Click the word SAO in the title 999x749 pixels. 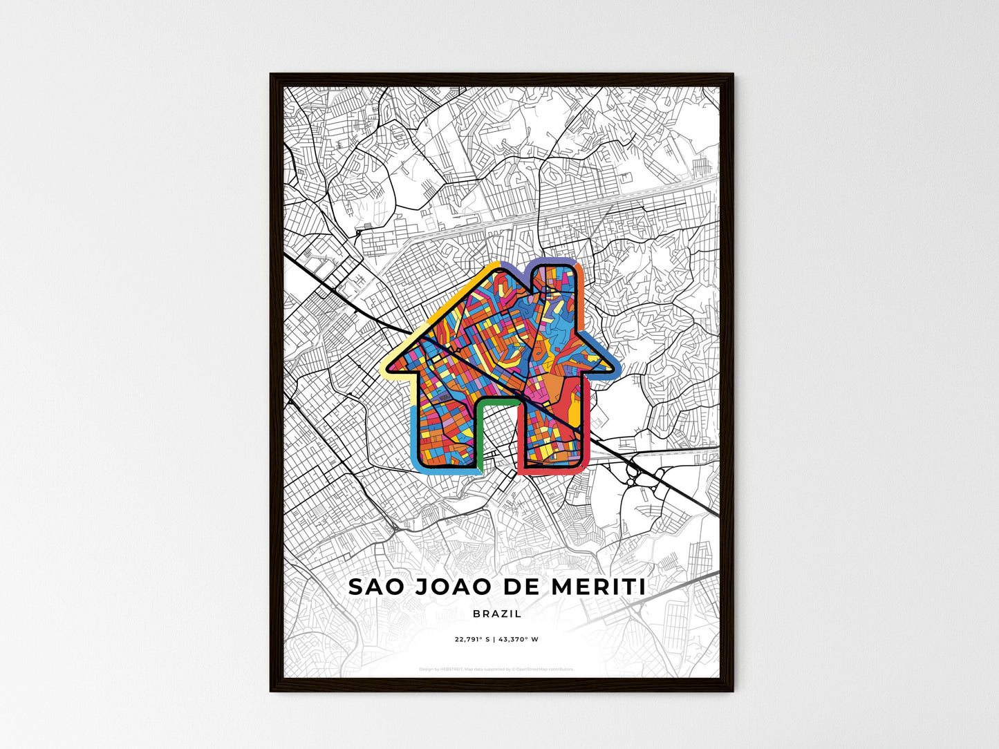coord(377,587)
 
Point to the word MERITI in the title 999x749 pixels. coord(599,587)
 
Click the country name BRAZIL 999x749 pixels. coord(498,614)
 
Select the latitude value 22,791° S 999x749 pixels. coord(472,639)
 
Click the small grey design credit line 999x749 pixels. coord(496,669)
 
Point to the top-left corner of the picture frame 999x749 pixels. coord(271,75)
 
